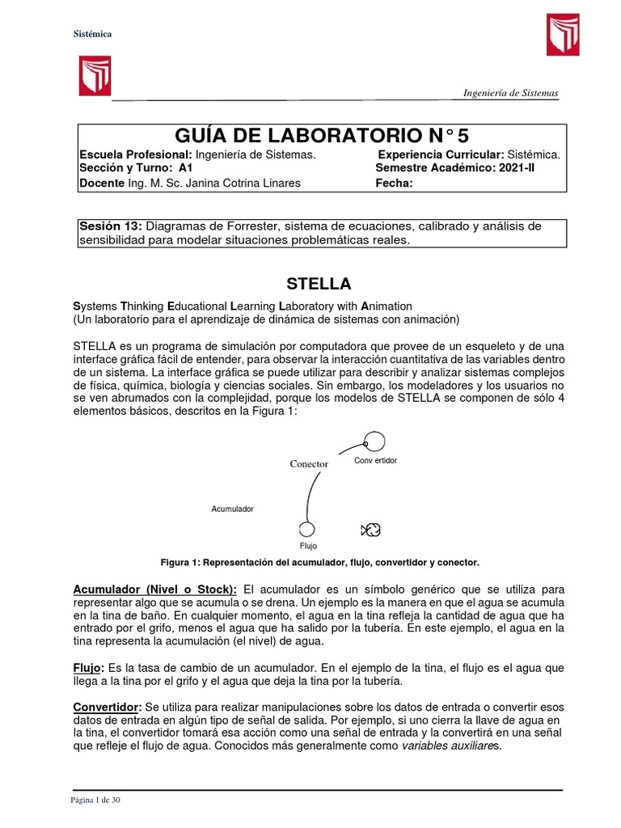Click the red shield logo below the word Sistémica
tap(94, 76)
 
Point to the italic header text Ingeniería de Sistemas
tap(510, 93)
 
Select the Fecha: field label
tap(394, 183)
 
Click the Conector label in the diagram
tap(309, 464)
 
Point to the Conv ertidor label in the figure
tap(376, 461)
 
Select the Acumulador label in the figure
tap(233, 509)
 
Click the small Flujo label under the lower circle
tap(308, 547)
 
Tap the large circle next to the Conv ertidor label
tap(374, 441)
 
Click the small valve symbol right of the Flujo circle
tap(371, 530)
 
